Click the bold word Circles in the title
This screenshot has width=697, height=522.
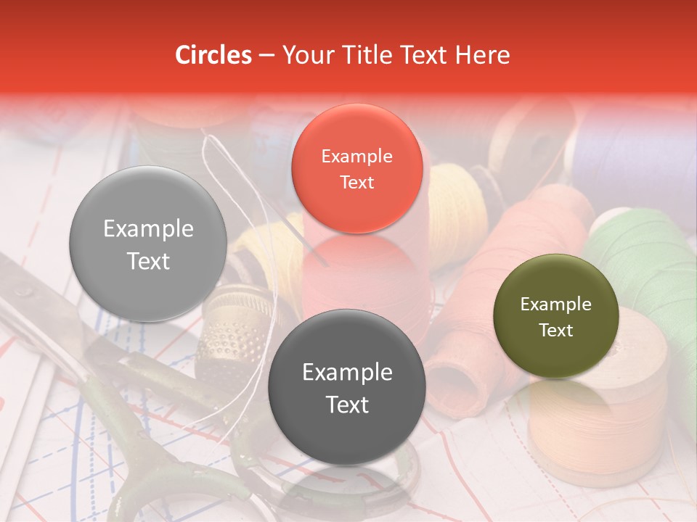[x=213, y=55]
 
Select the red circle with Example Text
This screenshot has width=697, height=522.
[x=356, y=168]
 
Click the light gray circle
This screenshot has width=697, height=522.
[x=148, y=244]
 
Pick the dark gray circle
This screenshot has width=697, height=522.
[x=346, y=387]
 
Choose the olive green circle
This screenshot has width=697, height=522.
[x=555, y=316]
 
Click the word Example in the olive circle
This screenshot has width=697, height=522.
[x=555, y=304]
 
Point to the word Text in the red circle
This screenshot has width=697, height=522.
[x=356, y=182]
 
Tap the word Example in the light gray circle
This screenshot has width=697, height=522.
[x=148, y=229]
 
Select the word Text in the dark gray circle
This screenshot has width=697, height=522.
[x=347, y=404]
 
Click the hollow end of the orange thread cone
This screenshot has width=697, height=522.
[x=454, y=381]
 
